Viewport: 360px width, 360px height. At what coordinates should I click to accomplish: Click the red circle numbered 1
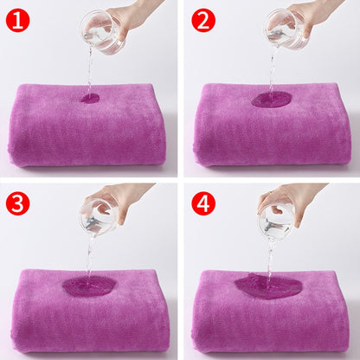click(x=18, y=19)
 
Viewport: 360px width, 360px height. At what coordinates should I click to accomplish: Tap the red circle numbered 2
click(x=202, y=19)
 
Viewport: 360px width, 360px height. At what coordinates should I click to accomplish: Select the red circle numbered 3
click(x=18, y=203)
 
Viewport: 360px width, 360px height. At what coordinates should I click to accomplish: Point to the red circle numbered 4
click(x=202, y=203)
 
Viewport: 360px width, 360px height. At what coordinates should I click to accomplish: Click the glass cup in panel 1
click(x=102, y=33)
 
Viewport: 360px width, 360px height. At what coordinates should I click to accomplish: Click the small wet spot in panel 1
click(x=89, y=98)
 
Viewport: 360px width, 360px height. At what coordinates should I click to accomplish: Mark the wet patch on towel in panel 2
click(x=272, y=100)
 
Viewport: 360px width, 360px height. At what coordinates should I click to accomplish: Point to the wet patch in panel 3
click(x=88, y=286)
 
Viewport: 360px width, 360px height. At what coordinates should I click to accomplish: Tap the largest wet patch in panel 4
click(x=268, y=285)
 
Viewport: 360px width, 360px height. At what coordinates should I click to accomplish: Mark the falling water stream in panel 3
click(x=87, y=255)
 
